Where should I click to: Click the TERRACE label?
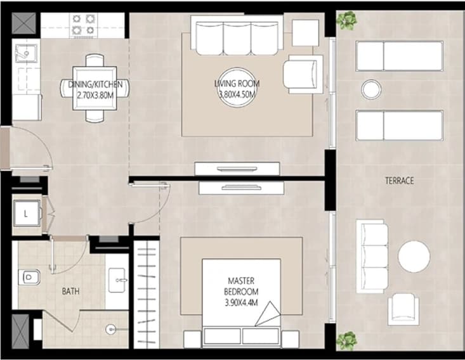click(x=399, y=181)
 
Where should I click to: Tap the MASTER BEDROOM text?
click(x=241, y=286)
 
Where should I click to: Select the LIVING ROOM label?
click(x=237, y=84)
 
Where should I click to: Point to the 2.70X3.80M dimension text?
click(x=95, y=95)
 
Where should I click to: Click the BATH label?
click(x=70, y=292)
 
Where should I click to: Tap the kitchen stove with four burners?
click(x=83, y=25)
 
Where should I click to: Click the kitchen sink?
click(x=26, y=53)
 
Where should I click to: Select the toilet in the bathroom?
click(x=29, y=277)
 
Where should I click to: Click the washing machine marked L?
click(x=27, y=214)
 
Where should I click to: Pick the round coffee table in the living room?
click(x=237, y=87)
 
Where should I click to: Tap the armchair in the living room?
click(x=303, y=74)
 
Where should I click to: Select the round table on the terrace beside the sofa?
click(x=414, y=257)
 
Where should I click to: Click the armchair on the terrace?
click(x=403, y=309)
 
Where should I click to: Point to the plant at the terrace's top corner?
click(x=346, y=20)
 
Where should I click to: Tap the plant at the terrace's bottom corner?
click(x=346, y=341)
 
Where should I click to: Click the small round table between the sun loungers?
click(x=371, y=89)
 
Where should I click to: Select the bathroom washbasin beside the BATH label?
click(x=117, y=280)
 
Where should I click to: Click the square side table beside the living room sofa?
click(x=305, y=32)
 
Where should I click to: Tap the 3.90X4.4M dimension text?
click(x=241, y=303)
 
